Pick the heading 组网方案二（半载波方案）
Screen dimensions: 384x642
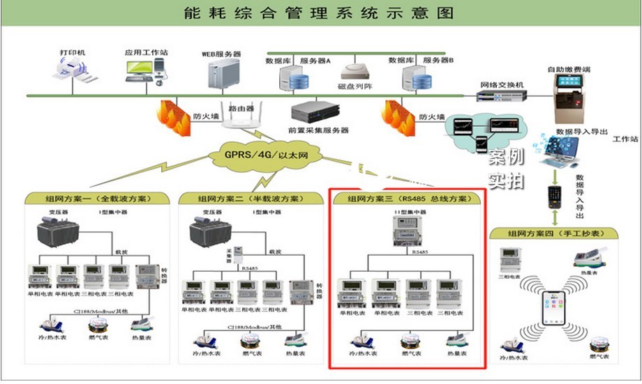point(249,198)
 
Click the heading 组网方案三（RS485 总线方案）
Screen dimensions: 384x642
point(407,199)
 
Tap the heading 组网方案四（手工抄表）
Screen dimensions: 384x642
point(559,233)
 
